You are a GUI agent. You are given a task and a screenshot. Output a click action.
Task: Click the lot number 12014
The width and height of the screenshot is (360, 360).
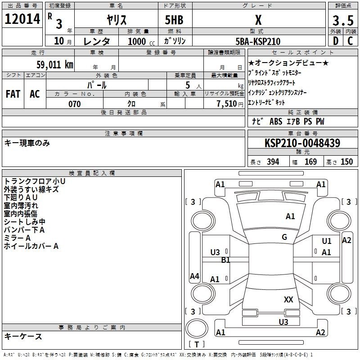tap(22, 19)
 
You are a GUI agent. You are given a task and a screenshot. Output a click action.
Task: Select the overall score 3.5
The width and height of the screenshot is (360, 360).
tap(343, 20)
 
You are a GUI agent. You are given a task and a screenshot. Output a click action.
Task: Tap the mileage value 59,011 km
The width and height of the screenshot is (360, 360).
tap(55, 65)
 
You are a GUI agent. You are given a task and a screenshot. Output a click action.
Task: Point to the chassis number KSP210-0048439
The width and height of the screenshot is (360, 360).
tap(302, 143)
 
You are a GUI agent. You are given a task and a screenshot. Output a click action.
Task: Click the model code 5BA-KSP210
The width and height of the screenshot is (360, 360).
tap(258, 41)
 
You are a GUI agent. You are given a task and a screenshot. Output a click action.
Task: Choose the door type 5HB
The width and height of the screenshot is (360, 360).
tap(174, 20)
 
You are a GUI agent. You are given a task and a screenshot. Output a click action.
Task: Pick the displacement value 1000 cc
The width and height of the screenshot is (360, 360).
tap(141, 41)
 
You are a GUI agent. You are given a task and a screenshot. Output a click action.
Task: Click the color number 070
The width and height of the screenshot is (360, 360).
tap(75, 104)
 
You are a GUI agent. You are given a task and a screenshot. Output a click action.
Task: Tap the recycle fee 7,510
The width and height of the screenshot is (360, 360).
tap(227, 104)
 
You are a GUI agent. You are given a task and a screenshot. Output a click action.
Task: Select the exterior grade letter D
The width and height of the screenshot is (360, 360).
tap(336, 41)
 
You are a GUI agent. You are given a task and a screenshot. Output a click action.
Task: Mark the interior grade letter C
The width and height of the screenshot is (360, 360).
tap(350, 41)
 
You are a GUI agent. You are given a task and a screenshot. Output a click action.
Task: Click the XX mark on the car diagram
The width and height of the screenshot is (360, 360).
tap(288, 299)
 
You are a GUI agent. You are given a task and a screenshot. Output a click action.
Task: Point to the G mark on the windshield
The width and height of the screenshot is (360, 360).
tap(284, 237)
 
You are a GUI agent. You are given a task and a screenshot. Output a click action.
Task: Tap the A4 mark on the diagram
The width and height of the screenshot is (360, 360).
tap(194, 276)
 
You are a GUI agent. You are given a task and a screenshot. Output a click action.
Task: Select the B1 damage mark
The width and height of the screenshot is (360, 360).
tap(225, 260)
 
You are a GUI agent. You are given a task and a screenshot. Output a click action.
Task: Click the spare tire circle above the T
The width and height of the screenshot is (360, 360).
tap(197, 328)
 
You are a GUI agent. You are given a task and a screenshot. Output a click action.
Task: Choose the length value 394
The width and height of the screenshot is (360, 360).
tap(273, 162)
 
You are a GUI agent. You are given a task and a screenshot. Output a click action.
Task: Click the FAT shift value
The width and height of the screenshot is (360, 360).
tap(13, 94)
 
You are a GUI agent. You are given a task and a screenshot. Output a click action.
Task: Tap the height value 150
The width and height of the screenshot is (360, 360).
tap(346, 162)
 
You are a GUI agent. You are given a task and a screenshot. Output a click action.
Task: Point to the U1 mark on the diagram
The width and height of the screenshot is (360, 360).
tap(327, 241)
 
